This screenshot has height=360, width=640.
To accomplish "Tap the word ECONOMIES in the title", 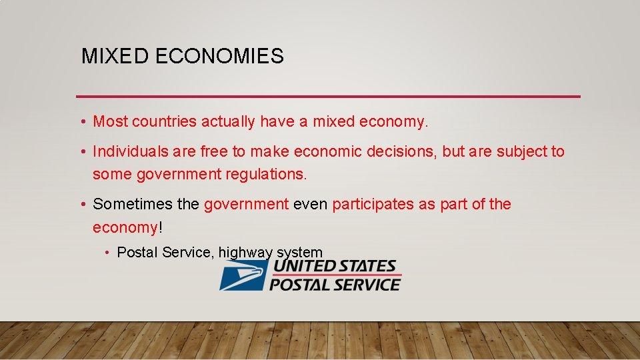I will [x=219, y=56].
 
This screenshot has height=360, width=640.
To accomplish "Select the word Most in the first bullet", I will [x=111, y=121].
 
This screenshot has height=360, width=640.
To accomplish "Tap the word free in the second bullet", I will [x=214, y=151].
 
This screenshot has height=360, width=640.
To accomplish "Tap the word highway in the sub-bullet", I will [x=245, y=253].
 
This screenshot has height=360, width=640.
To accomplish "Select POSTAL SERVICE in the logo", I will [x=335, y=285].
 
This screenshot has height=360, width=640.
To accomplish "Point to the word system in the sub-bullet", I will [x=299, y=253].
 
